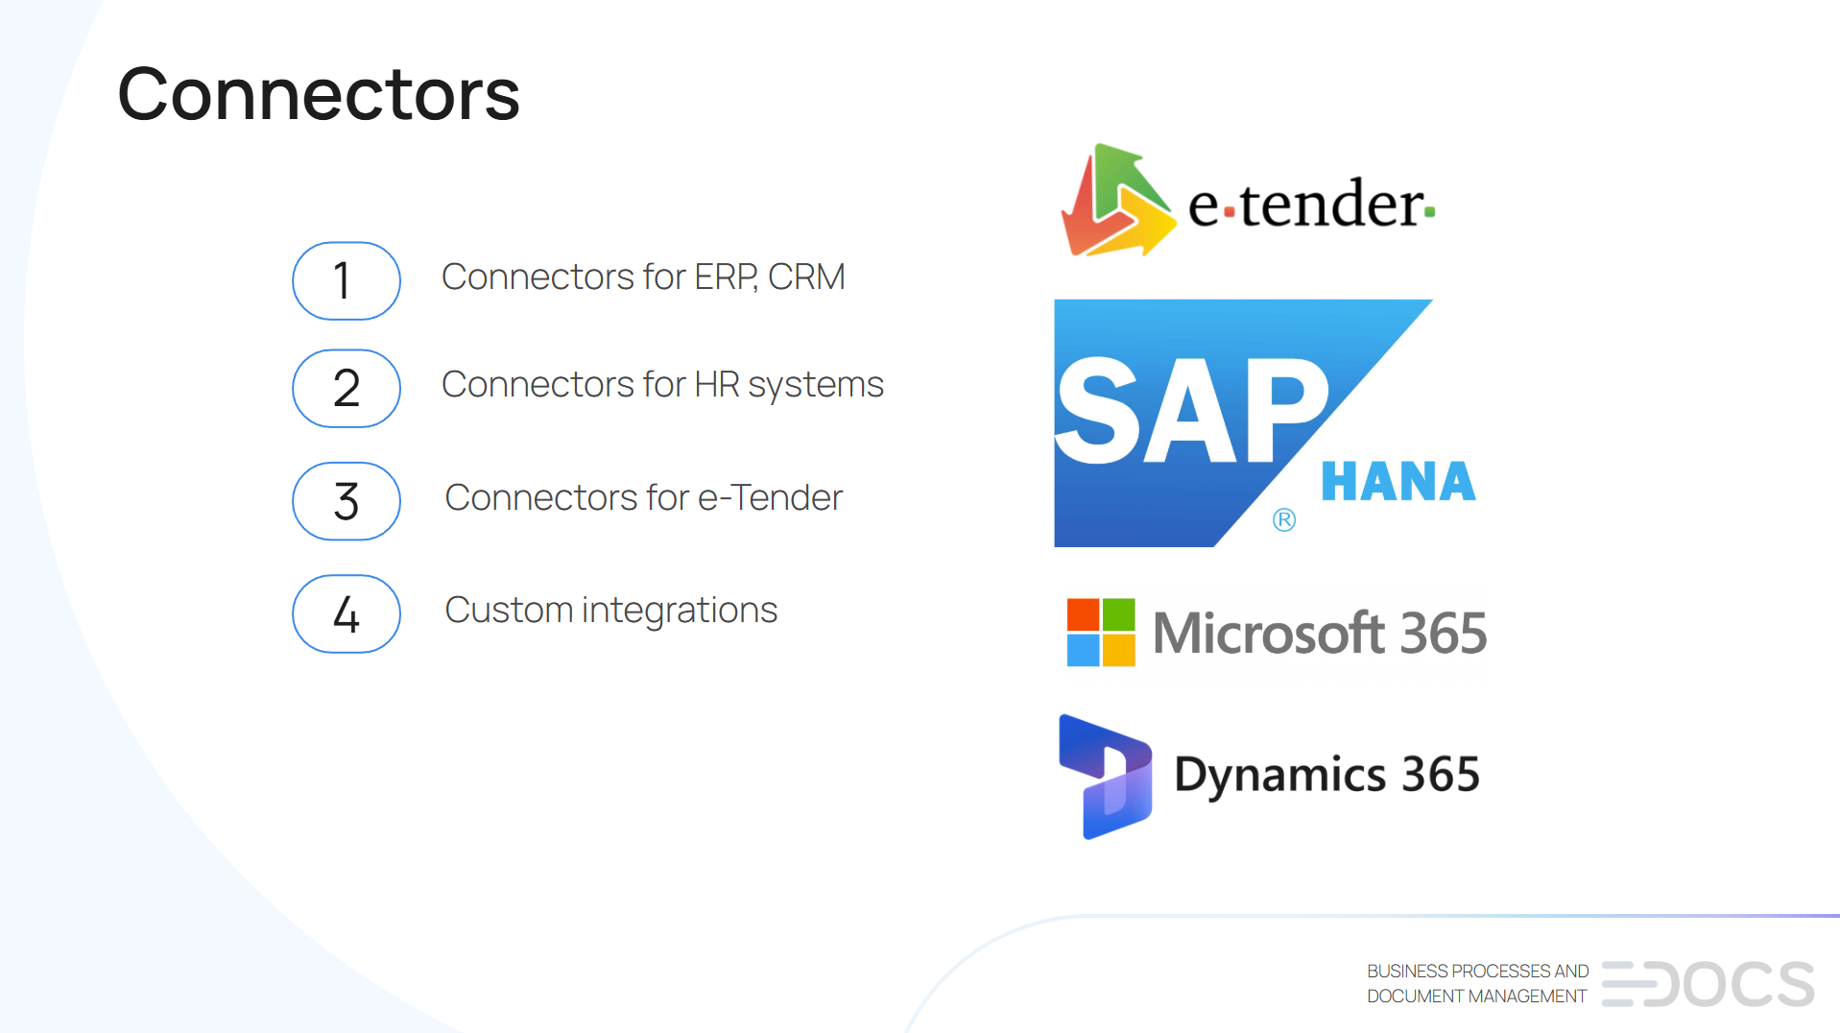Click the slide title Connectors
tap(318, 94)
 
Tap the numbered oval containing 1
tap(346, 280)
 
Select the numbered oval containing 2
tap(346, 388)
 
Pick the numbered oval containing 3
tap(346, 501)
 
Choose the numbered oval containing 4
tap(346, 613)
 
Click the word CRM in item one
tap(806, 277)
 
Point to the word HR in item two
tap(716, 385)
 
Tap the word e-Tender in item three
tap(770, 498)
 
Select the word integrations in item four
tap(680, 611)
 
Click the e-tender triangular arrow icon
tap(1116, 202)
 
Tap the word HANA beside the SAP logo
tap(1398, 482)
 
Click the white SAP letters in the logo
tap(1190, 411)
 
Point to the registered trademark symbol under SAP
tap(1284, 520)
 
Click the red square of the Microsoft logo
tap(1083, 614)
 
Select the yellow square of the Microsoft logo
tap(1119, 650)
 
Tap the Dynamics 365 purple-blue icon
tap(1105, 776)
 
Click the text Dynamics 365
tap(1326, 775)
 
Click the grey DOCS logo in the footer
tap(1709, 984)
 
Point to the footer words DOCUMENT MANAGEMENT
tap(1476, 997)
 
